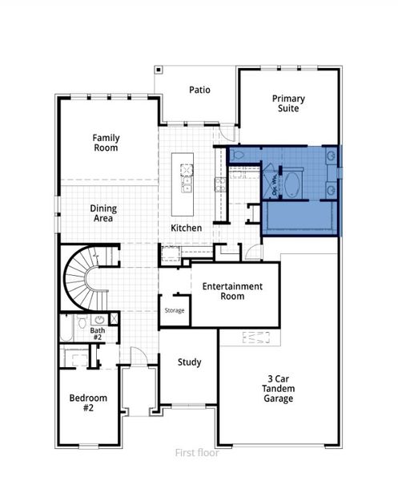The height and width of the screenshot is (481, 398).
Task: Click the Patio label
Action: point(199,90)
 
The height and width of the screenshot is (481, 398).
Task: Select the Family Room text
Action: point(105,143)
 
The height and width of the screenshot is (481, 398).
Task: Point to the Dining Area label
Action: point(103,213)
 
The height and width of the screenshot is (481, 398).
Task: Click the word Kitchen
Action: point(186,228)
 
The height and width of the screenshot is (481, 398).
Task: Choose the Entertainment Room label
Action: point(232,291)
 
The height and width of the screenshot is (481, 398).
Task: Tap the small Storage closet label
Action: point(174,310)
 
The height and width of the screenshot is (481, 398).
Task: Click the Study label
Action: point(189,362)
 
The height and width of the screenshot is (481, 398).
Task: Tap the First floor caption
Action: point(198,453)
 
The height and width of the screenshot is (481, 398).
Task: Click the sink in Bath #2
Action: point(98,318)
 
